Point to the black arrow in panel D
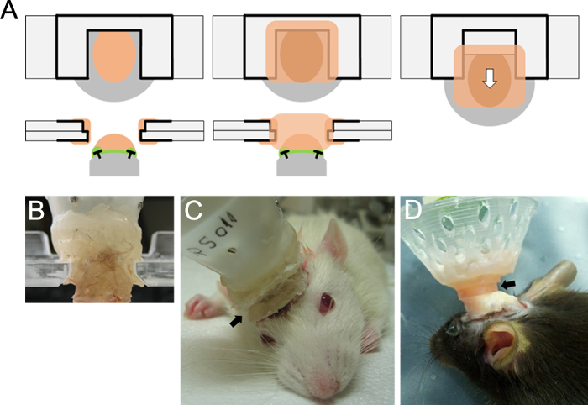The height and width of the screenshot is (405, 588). coord(510,287)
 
